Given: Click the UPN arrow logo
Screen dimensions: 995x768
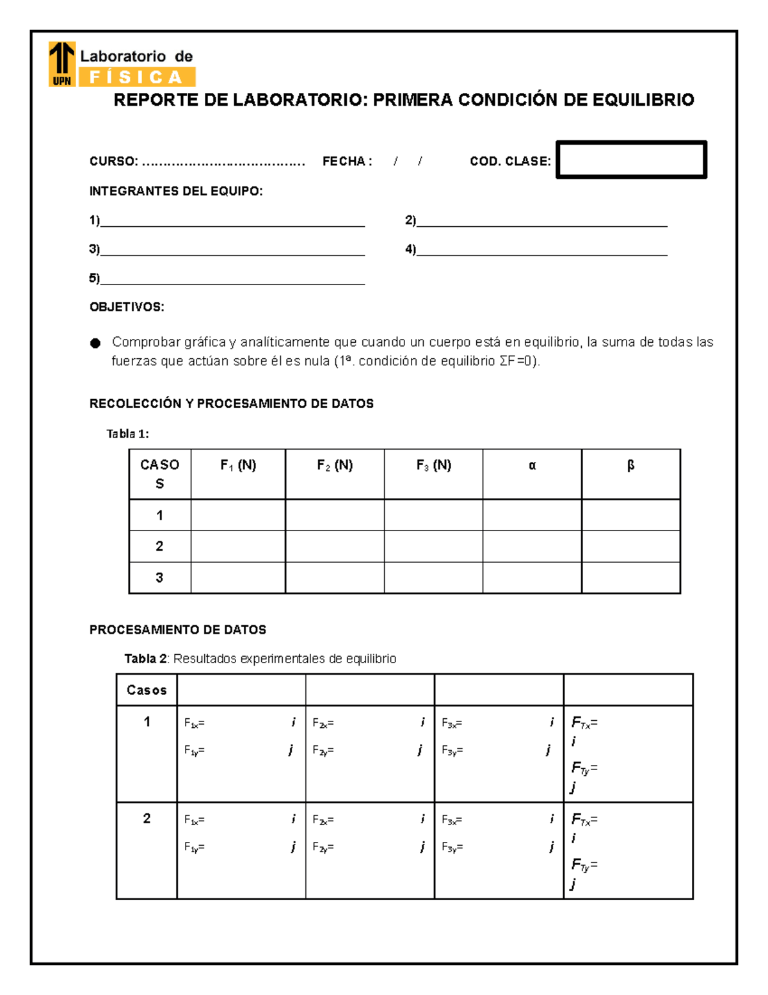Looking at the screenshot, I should click(x=62, y=63).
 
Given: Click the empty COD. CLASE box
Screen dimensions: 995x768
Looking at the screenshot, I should click(x=631, y=160).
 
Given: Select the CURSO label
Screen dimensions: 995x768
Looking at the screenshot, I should click(x=113, y=161).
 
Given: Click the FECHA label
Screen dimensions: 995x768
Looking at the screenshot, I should click(x=346, y=161).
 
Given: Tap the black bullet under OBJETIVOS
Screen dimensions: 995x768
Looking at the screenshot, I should click(x=95, y=343).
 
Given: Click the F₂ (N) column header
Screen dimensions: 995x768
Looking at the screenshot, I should click(x=335, y=465).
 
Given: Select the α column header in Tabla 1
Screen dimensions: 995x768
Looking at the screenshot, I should click(x=532, y=466).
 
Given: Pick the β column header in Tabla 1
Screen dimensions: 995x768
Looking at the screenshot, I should click(x=630, y=466).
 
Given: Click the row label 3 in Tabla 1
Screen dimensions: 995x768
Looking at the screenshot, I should click(x=159, y=577).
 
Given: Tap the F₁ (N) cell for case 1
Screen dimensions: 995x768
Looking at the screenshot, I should click(x=237, y=514).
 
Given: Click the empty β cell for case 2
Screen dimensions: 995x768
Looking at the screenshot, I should click(x=630, y=546).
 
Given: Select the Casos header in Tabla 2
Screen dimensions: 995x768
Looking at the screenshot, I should click(x=147, y=690).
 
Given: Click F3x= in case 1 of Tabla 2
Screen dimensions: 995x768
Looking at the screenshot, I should click(x=452, y=723).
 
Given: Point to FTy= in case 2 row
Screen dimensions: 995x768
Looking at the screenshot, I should click(x=584, y=866).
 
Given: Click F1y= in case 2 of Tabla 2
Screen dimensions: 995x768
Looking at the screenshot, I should click(x=194, y=848).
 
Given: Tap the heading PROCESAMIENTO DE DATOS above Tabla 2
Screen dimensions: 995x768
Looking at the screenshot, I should click(x=177, y=630).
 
